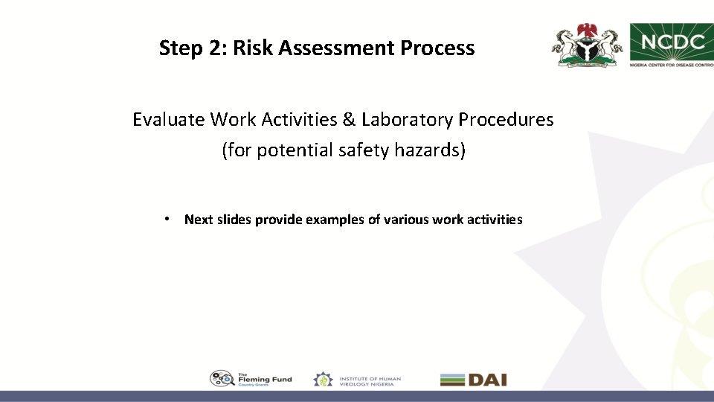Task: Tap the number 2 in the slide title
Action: [216, 48]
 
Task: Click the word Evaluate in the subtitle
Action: [169, 119]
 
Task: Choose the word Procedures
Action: [506, 119]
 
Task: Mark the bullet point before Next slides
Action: [170, 219]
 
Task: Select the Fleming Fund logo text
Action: [265, 379]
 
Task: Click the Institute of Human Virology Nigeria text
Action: [370, 380]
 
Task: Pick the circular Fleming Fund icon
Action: [222, 379]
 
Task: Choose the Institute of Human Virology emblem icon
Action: [323, 379]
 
